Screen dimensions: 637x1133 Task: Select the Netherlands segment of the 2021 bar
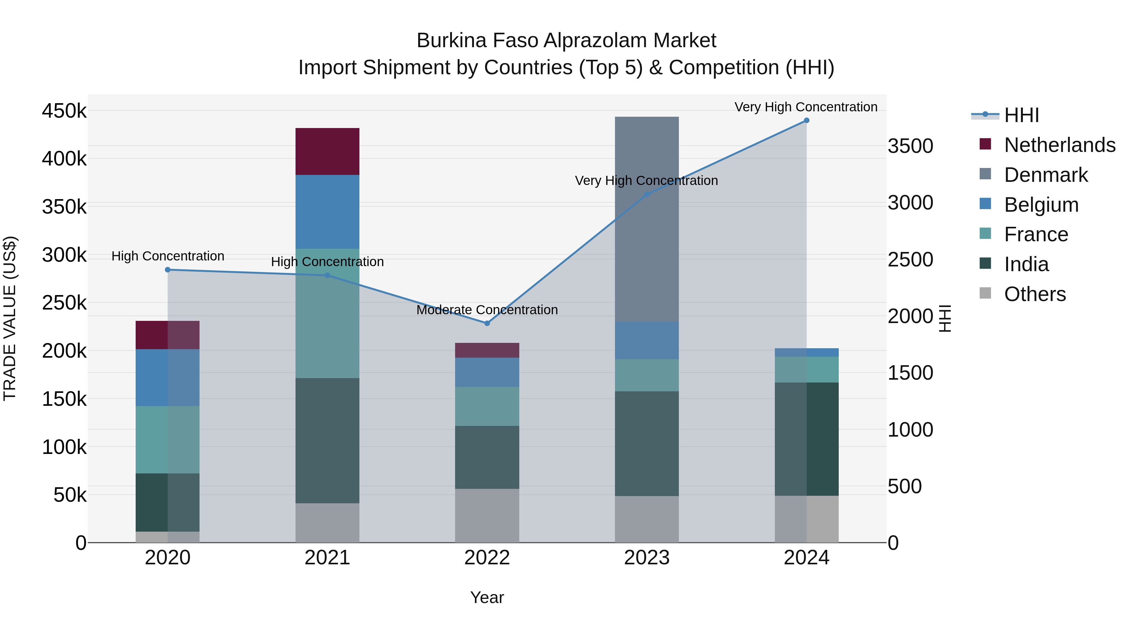pos(327,151)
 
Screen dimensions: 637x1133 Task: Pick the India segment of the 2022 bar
pos(487,457)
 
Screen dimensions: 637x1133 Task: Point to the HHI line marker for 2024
pos(806,120)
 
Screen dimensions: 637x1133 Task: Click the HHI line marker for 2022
pos(487,323)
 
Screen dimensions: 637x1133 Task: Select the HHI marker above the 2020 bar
pos(167,270)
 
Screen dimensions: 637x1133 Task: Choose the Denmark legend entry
pos(1046,175)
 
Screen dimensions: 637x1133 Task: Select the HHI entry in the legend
pos(1021,115)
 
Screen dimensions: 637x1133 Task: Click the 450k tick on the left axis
pos(64,111)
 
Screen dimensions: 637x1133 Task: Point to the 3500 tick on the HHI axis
pos(910,146)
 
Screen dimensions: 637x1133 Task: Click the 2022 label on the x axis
pos(487,557)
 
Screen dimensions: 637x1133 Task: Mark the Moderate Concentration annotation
pos(487,310)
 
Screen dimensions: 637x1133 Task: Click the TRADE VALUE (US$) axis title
pos(10,318)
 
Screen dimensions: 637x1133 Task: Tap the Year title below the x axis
pos(487,597)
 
